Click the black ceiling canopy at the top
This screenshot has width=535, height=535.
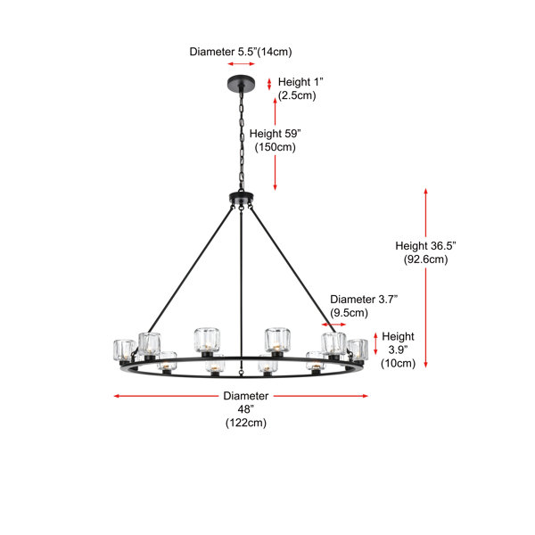pyautogui.click(x=242, y=83)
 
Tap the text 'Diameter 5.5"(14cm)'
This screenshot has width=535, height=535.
pyautogui.click(x=241, y=52)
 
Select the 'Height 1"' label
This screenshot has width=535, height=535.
pyautogui.click(x=300, y=82)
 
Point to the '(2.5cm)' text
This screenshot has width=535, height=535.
pyautogui.click(x=297, y=95)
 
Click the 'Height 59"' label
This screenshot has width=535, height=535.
pyautogui.click(x=275, y=134)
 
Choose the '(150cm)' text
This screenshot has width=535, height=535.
pyautogui.click(x=275, y=147)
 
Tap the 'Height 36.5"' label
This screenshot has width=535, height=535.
pyautogui.click(x=425, y=246)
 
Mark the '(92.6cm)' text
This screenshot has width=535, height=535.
pyautogui.click(x=425, y=259)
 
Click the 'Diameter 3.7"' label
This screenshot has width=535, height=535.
pyautogui.click(x=364, y=300)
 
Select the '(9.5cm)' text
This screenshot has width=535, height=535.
pyautogui.click(x=349, y=313)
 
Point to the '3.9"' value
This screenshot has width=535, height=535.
pyautogui.click(x=398, y=350)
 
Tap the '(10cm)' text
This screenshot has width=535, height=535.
pyautogui.click(x=398, y=364)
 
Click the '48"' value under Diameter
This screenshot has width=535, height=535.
pyautogui.click(x=246, y=409)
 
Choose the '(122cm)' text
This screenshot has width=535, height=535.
pyautogui.click(x=246, y=423)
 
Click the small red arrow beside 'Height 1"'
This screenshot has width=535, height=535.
pyautogui.click(x=269, y=84)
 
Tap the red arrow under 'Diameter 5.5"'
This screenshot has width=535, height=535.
pyautogui.click(x=242, y=64)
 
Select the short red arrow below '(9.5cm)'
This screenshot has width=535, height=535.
pyautogui.click(x=333, y=325)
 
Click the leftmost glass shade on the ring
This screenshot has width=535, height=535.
pyautogui.click(x=125, y=350)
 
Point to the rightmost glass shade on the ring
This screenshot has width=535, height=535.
pyautogui.click(x=358, y=350)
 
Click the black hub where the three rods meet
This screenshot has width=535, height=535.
pyautogui.click(x=242, y=198)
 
